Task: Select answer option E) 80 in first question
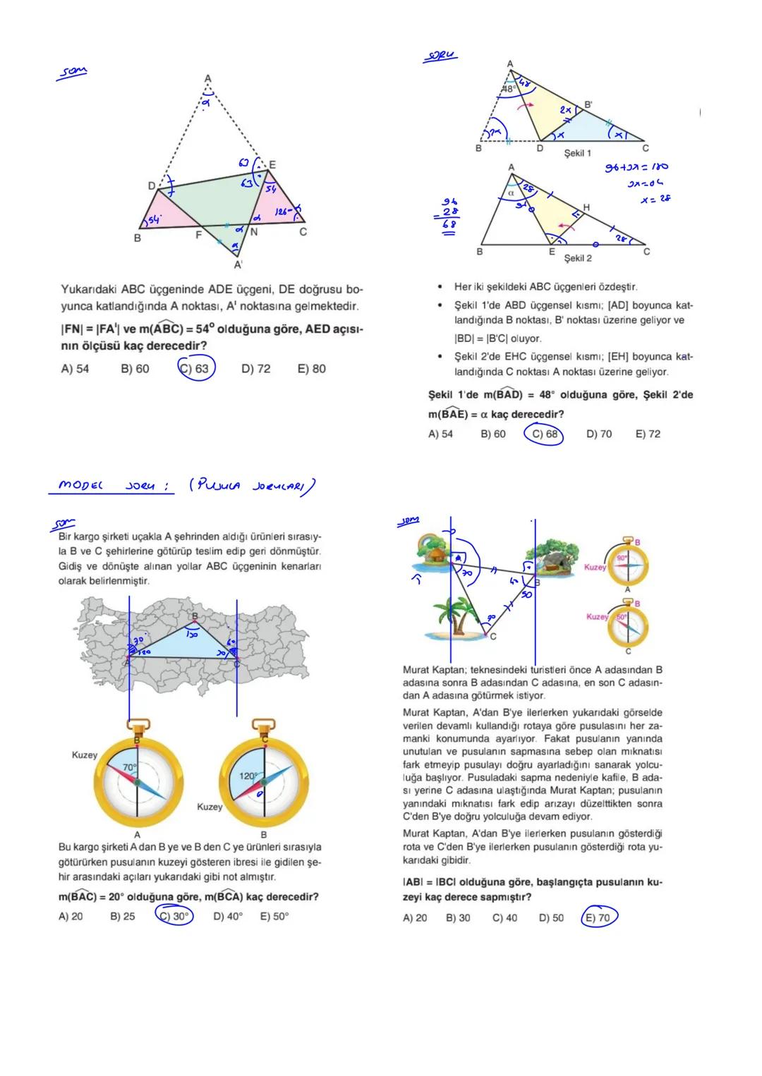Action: [312, 369]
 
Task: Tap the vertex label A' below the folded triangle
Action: [238, 265]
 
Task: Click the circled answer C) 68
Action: [544, 434]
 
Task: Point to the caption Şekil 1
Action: [577, 153]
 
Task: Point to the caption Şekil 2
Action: [577, 258]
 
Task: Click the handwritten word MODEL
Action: [80, 485]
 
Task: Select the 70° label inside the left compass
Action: [130, 766]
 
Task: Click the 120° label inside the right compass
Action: [248, 776]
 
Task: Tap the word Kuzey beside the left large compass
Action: [85, 755]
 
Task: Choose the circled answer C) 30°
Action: [174, 916]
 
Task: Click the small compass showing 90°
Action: [627, 563]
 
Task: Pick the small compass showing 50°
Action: [627, 625]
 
